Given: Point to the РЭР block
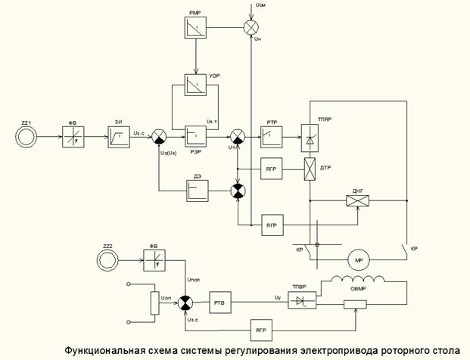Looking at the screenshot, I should pyautogui.click(x=196, y=137).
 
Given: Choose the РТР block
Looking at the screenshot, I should pyautogui.click(x=272, y=137).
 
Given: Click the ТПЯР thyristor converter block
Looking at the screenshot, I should pyautogui.click(x=310, y=137).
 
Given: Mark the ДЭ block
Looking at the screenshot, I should pyautogui.click(x=198, y=191).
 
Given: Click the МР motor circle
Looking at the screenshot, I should pyautogui.click(x=357, y=260).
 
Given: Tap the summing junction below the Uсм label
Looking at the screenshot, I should pyautogui.click(x=251, y=26).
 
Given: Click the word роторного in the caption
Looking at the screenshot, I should pyautogui.click(x=393, y=350).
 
